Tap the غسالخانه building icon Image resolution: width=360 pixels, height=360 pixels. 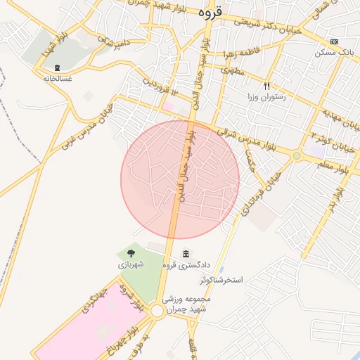(x=56, y=67)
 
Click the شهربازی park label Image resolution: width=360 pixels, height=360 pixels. (x=131, y=265)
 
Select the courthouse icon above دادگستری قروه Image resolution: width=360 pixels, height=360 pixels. (x=186, y=254)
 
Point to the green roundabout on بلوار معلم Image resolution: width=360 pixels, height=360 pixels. (x=297, y=155)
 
